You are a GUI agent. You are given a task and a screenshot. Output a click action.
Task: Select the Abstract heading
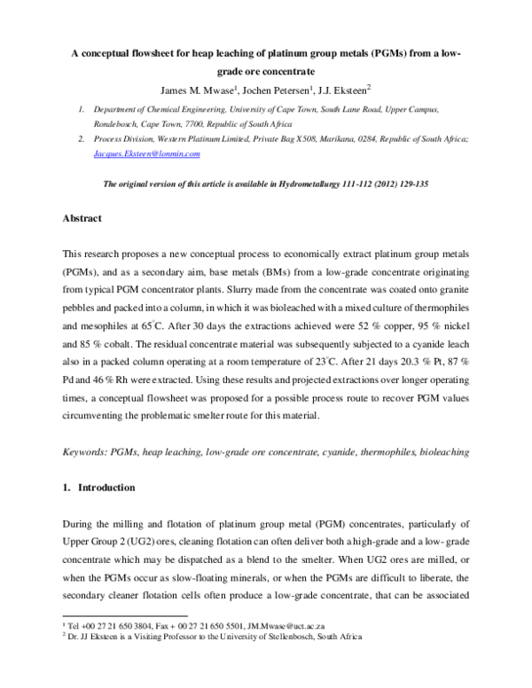click(x=82, y=217)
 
